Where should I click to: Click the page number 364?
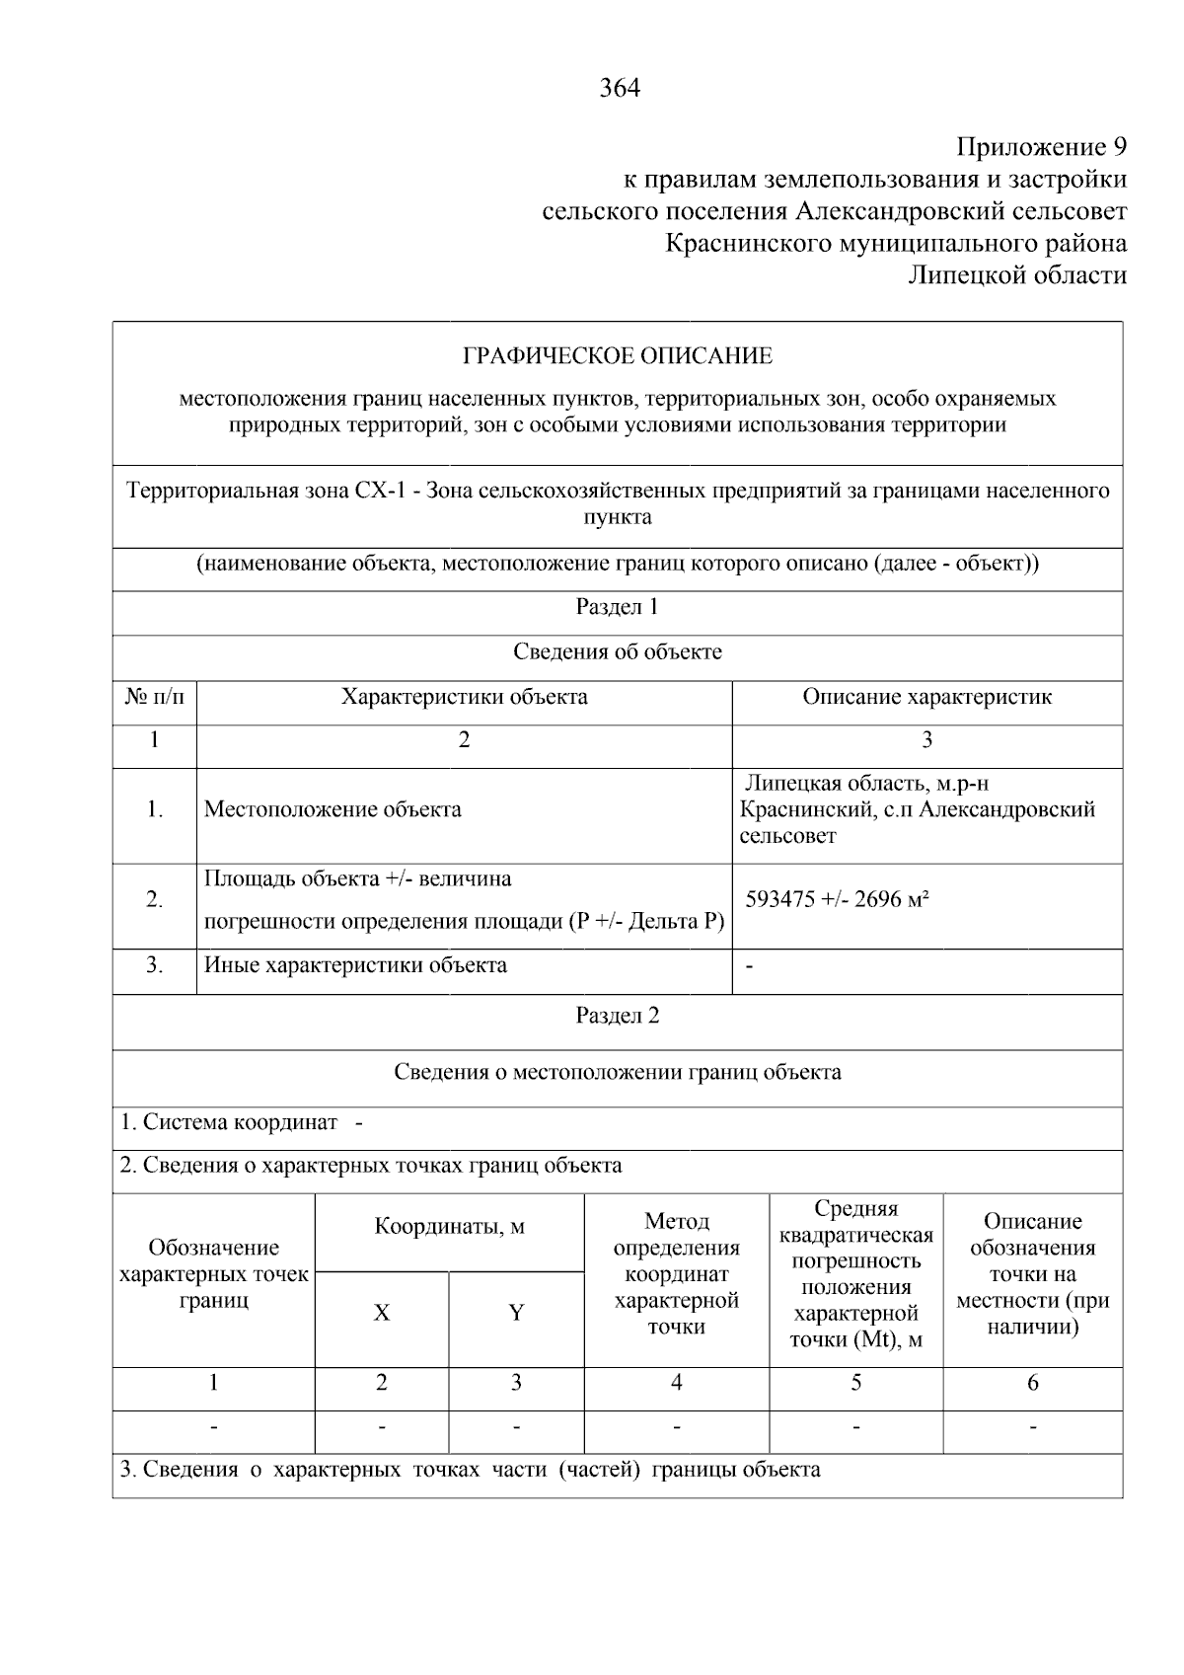point(620,88)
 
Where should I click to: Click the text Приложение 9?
point(1041,148)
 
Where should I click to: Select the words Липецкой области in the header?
point(1017,275)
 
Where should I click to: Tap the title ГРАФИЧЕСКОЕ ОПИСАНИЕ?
point(618,355)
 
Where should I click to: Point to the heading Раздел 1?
point(617,607)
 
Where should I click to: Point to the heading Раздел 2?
point(617,1016)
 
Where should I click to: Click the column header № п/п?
point(154,697)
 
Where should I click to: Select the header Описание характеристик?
point(926,697)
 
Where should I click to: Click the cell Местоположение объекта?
point(333,810)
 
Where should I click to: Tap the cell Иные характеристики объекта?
point(355,965)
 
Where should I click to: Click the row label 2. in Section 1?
point(154,899)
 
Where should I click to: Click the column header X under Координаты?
point(382,1313)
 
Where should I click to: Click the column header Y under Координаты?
point(516,1313)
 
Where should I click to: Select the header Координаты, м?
point(449,1227)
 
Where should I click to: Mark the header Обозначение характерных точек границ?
point(213,1274)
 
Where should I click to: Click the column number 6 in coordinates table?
point(1032,1383)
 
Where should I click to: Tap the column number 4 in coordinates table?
point(676,1383)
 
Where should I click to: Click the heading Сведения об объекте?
point(617,652)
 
